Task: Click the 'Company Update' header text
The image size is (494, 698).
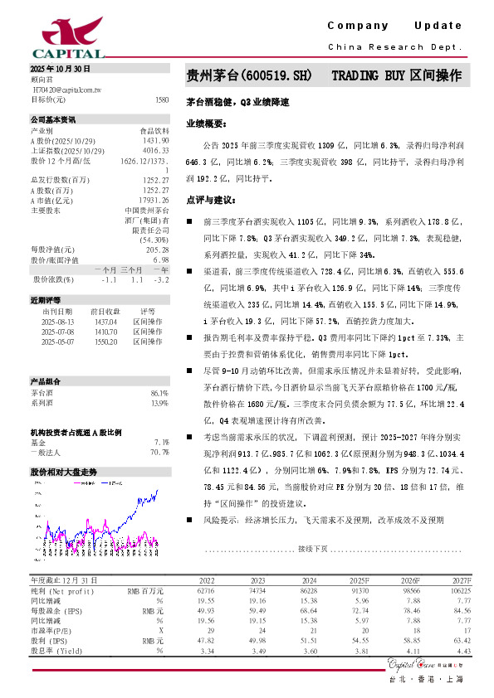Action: (x=394, y=26)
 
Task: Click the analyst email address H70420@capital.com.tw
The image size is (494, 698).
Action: (x=66, y=89)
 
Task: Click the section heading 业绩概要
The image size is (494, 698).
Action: (x=204, y=123)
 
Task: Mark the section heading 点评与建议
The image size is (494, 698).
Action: (x=207, y=200)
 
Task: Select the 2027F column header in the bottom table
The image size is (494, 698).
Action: (x=460, y=581)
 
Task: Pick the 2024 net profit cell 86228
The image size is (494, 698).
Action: (x=308, y=590)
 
